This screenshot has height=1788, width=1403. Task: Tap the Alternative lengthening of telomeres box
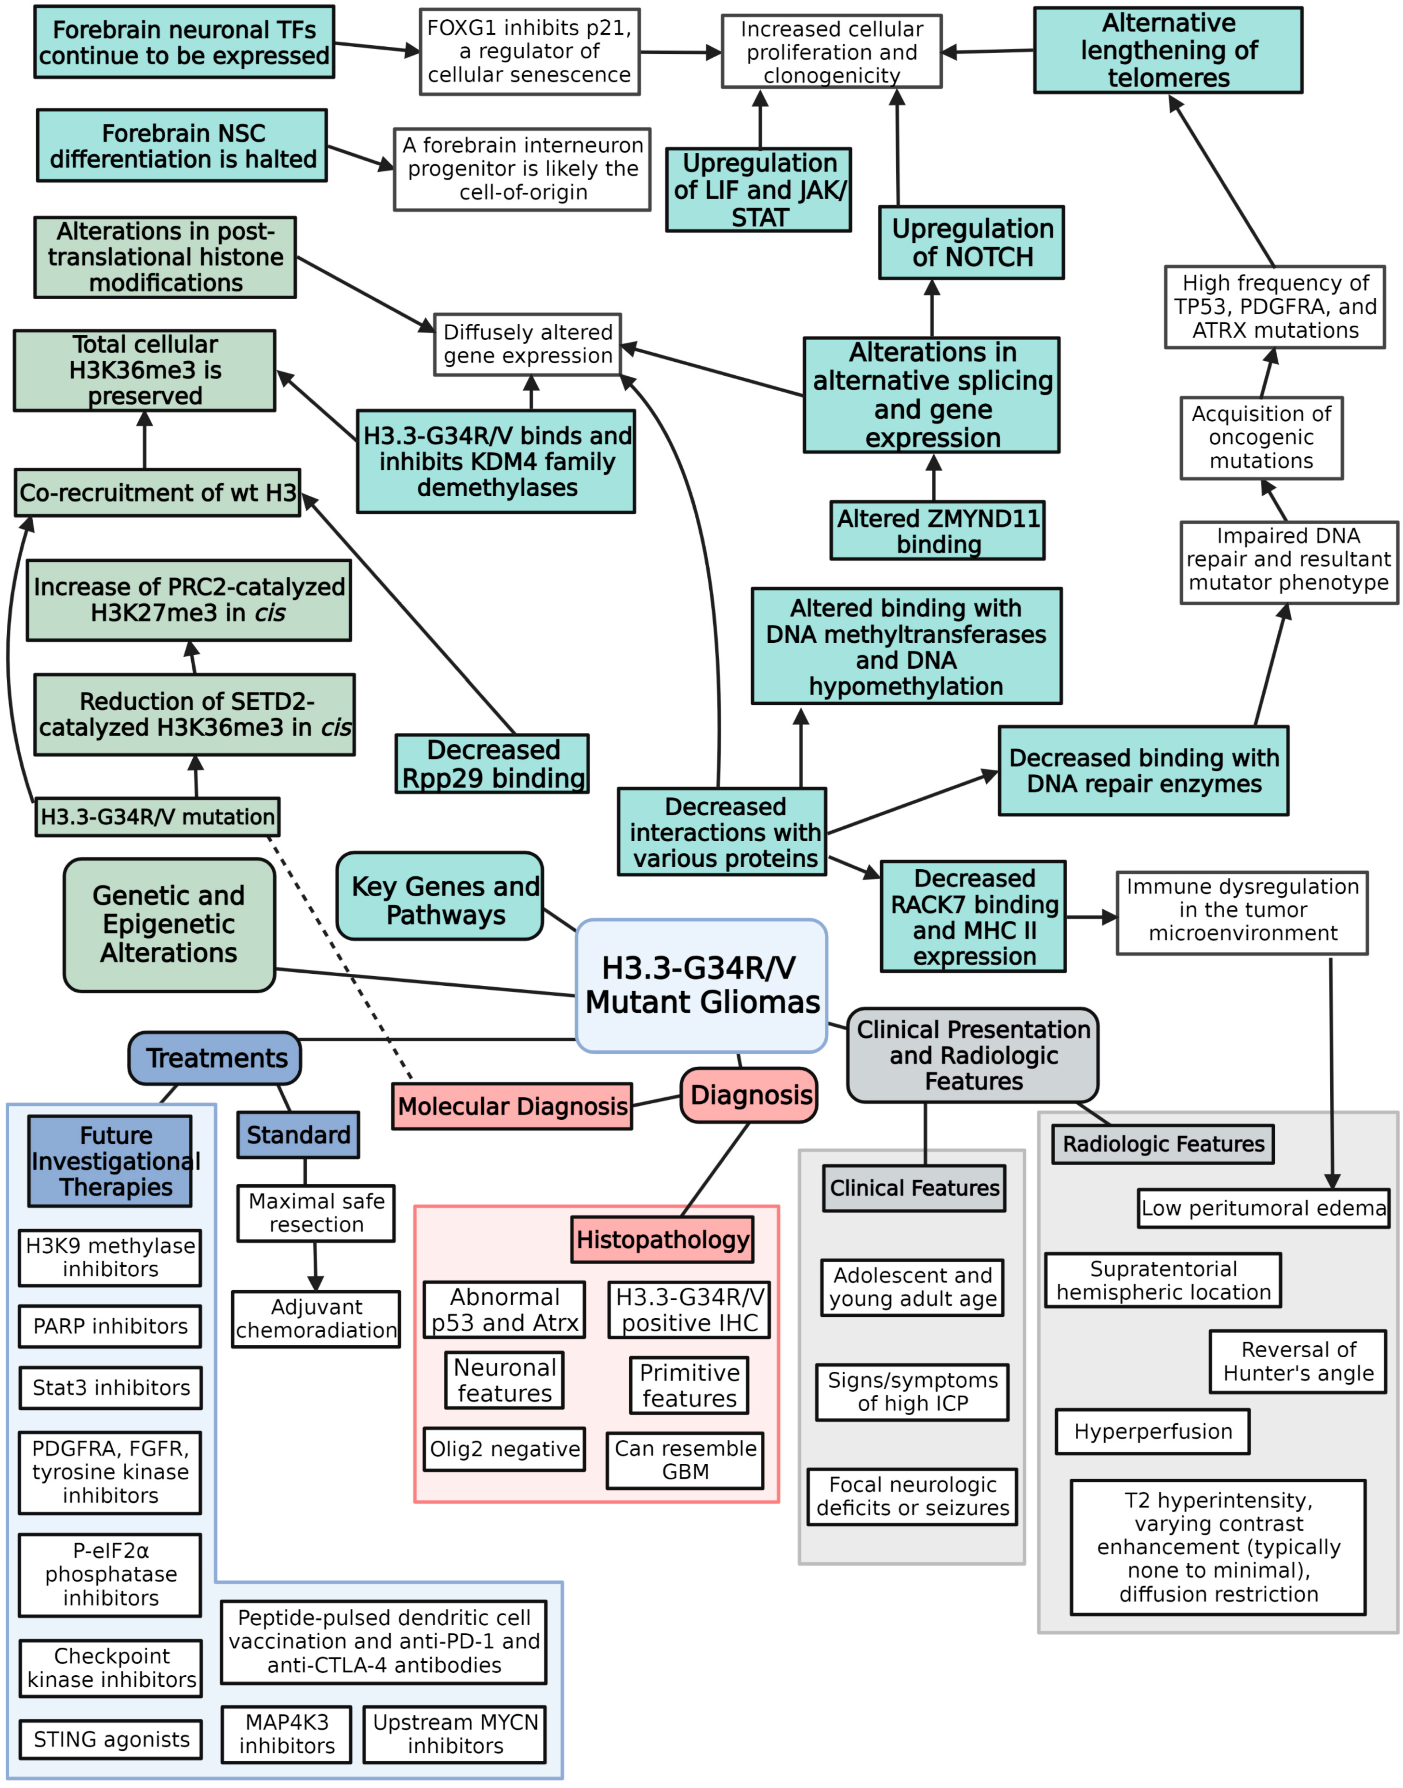tap(1167, 50)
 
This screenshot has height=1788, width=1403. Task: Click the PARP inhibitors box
tap(110, 1326)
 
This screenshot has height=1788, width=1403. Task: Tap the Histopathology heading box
tap(662, 1239)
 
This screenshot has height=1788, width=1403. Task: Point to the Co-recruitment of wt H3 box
tap(158, 493)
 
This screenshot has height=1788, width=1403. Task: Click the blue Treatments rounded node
tap(215, 1058)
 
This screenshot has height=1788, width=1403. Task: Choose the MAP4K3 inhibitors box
tap(287, 1734)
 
